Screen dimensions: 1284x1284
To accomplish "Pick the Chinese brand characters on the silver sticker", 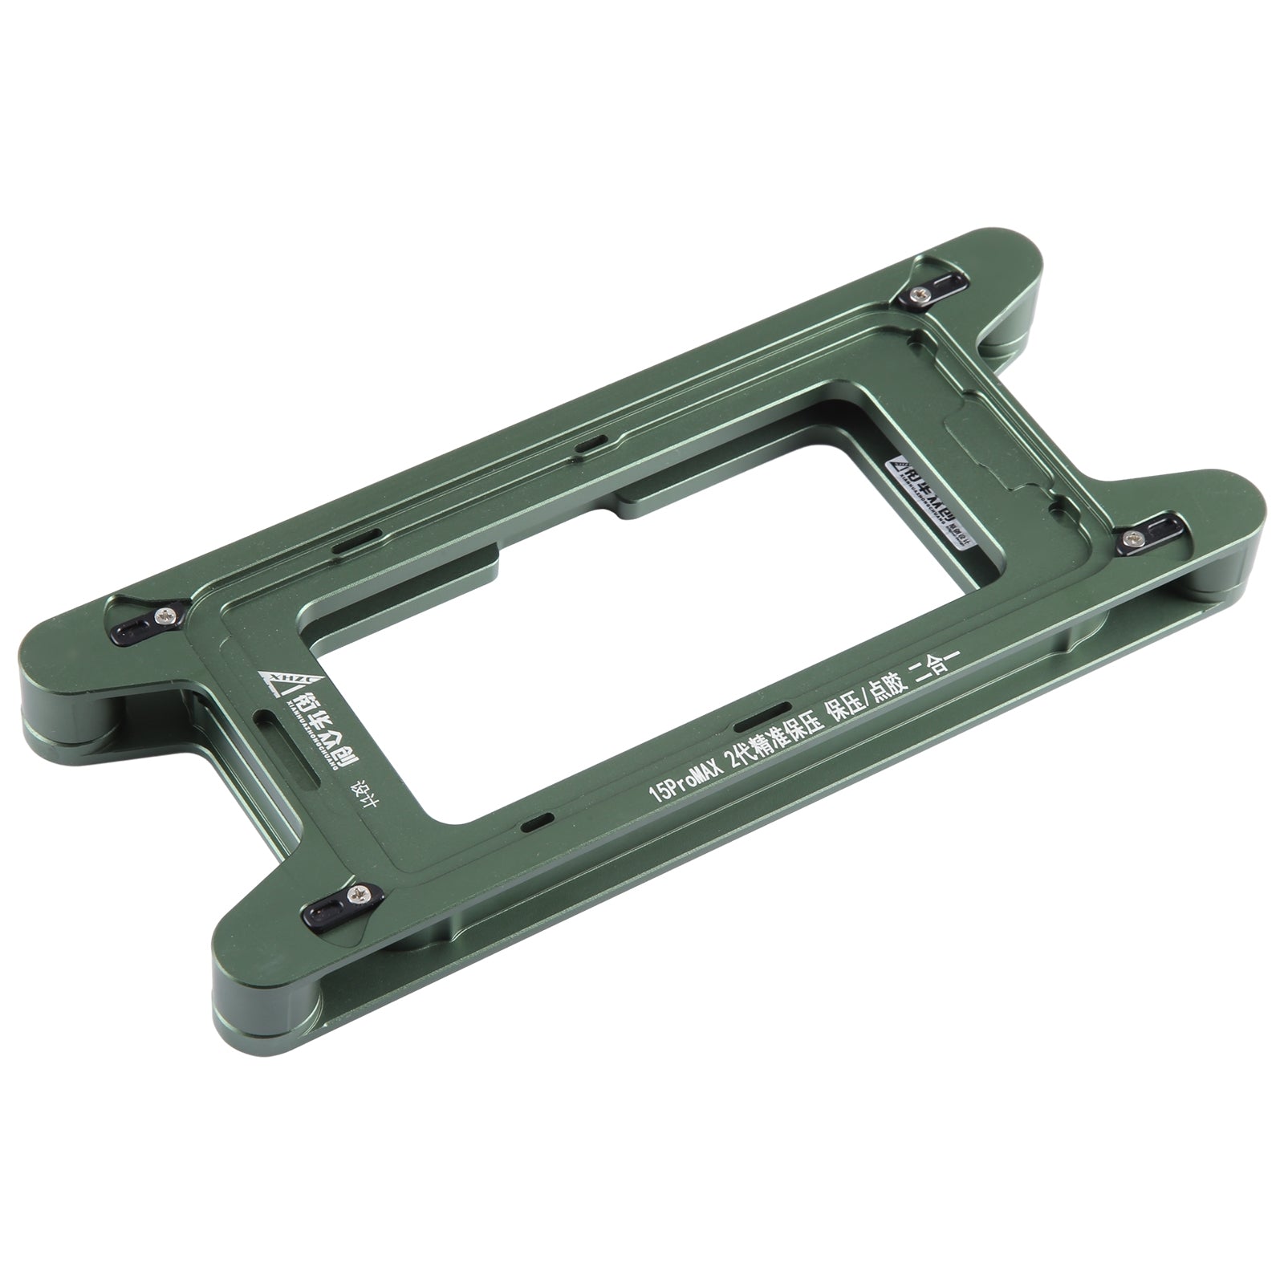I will point(931,498).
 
